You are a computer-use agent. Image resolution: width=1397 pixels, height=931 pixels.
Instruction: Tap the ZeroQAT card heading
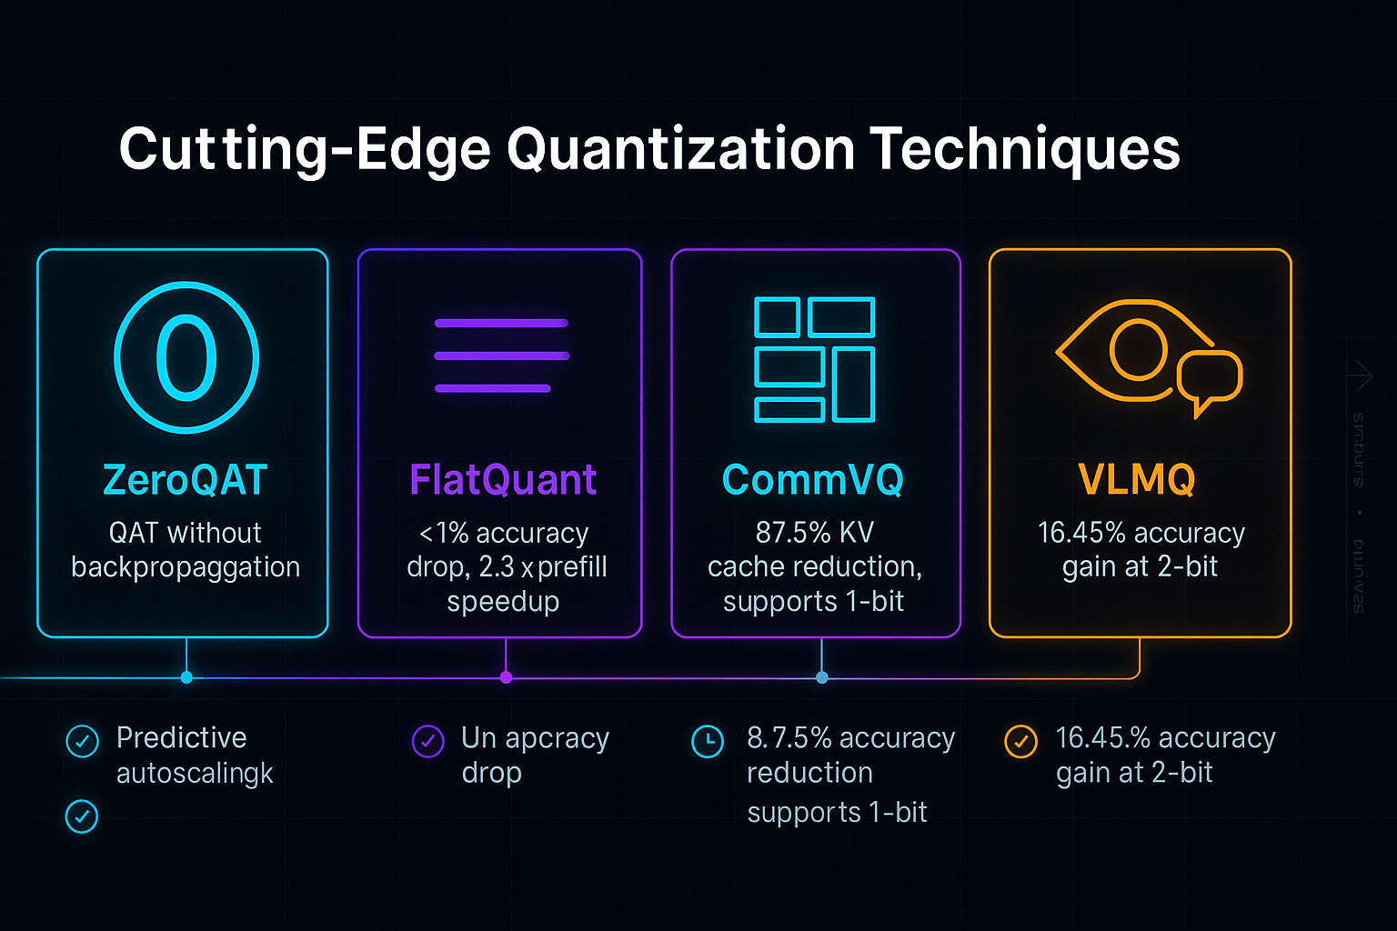(x=185, y=479)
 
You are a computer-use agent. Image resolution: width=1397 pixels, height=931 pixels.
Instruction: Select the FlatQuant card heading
(x=503, y=479)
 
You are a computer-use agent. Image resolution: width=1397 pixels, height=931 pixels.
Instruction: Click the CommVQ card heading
(x=813, y=479)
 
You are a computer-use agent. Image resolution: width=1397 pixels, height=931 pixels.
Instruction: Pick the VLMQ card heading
(x=1137, y=479)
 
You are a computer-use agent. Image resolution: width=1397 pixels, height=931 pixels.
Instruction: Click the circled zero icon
(x=186, y=357)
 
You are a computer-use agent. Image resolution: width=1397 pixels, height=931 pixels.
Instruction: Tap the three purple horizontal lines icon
(x=501, y=355)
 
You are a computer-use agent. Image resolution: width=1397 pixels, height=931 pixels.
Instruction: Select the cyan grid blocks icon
(x=814, y=359)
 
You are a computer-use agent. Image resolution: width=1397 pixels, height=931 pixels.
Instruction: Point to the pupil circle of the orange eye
(x=1138, y=350)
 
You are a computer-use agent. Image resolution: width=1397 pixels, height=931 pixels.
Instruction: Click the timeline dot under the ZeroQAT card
(x=186, y=677)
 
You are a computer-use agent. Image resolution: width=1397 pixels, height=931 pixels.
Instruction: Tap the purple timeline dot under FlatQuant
(x=507, y=677)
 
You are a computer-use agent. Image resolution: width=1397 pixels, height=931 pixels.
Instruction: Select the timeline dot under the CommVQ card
(x=822, y=677)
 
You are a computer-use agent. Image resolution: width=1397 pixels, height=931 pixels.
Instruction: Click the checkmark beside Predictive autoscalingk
(x=83, y=741)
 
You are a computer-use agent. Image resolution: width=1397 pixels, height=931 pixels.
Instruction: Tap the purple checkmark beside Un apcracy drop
(x=427, y=741)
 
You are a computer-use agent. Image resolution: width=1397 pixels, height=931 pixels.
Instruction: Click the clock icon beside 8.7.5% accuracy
(x=708, y=741)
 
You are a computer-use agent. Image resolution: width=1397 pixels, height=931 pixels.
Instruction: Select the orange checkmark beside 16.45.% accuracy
(x=1020, y=741)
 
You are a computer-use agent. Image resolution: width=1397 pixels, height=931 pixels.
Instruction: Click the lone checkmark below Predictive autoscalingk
(x=82, y=816)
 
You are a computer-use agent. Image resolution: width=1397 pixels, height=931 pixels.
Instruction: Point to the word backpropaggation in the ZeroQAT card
(x=186, y=566)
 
